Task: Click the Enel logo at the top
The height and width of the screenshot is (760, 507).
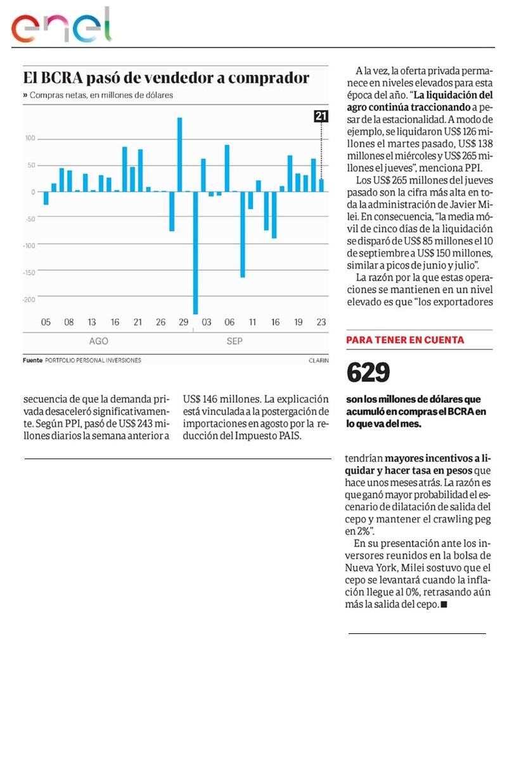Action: coord(61,27)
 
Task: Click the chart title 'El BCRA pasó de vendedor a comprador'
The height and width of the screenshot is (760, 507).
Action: coord(166,78)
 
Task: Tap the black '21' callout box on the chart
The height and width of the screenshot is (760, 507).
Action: coord(321,116)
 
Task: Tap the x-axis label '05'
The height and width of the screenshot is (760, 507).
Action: coord(46,322)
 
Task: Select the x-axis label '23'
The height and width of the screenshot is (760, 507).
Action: coord(321,322)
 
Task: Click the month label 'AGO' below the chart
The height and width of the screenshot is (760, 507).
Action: coord(98,341)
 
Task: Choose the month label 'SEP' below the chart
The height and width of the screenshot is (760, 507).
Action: coord(234,341)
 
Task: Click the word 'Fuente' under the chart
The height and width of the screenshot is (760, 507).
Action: coord(32,360)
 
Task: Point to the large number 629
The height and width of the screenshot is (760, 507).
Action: coord(368,374)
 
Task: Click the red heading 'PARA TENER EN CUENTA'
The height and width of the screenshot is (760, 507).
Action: coord(405,340)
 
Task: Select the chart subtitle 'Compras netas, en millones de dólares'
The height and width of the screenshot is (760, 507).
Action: coord(101,96)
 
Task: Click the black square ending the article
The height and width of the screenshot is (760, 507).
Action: coord(444,605)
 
